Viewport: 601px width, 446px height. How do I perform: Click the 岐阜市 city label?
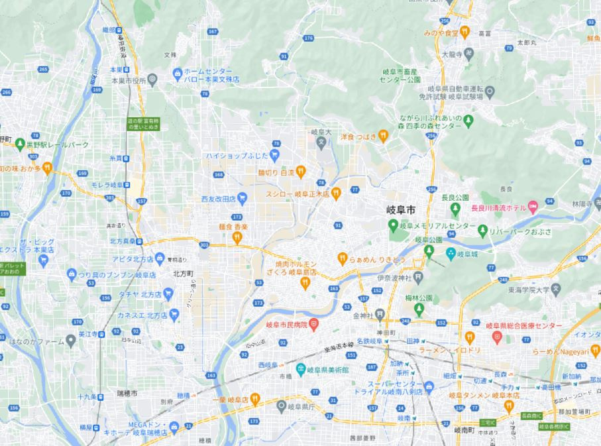click(x=401, y=209)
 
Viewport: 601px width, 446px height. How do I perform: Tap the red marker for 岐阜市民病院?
click(x=314, y=323)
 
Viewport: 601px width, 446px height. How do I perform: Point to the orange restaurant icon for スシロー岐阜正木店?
click(x=336, y=193)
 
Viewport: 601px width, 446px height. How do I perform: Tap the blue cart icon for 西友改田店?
click(x=242, y=197)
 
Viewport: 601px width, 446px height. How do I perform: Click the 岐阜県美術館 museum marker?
click(x=300, y=368)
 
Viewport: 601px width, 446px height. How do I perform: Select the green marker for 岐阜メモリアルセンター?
click(x=393, y=226)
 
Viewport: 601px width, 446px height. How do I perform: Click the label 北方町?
click(x=182, y=272)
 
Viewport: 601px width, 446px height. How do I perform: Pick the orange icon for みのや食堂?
click(x=465, y=30)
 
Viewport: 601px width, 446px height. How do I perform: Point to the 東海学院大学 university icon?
click(x=555, y=288)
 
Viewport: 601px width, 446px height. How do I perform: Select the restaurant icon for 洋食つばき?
click(x=383, y=137)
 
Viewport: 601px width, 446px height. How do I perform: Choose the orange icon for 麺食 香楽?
click(x=237, y=238)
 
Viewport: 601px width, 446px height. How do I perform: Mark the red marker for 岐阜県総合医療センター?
click(x=496, y=337)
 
